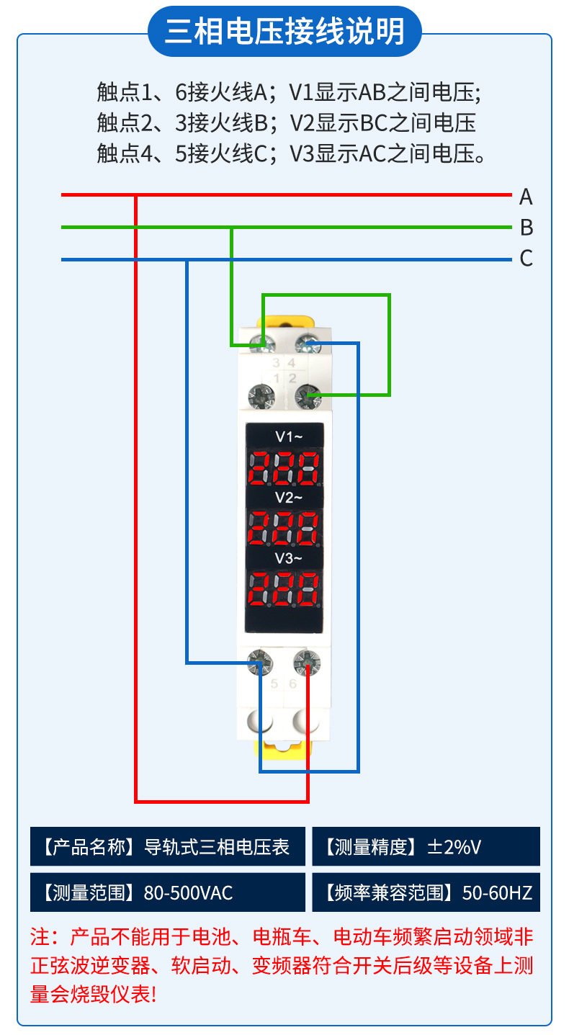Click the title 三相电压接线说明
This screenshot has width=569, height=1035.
pos(284,32)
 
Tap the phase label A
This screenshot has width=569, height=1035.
pos(526,197)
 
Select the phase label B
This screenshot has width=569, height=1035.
pos(527,228)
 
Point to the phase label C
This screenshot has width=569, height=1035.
pos(527,259)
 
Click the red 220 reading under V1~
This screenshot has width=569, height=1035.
pos(284,467)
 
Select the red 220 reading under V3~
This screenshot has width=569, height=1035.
pos(284,588)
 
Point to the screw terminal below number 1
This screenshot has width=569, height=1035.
pos(261,395)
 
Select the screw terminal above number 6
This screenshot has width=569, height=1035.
pos(308,661)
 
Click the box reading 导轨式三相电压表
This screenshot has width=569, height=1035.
pos(168,846)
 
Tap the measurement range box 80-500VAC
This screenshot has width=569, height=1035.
pos(168,892)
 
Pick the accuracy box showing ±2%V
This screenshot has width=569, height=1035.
pos(426,846)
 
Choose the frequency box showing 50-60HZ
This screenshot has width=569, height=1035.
pos(426,892)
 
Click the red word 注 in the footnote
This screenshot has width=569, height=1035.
pos(40,937)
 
